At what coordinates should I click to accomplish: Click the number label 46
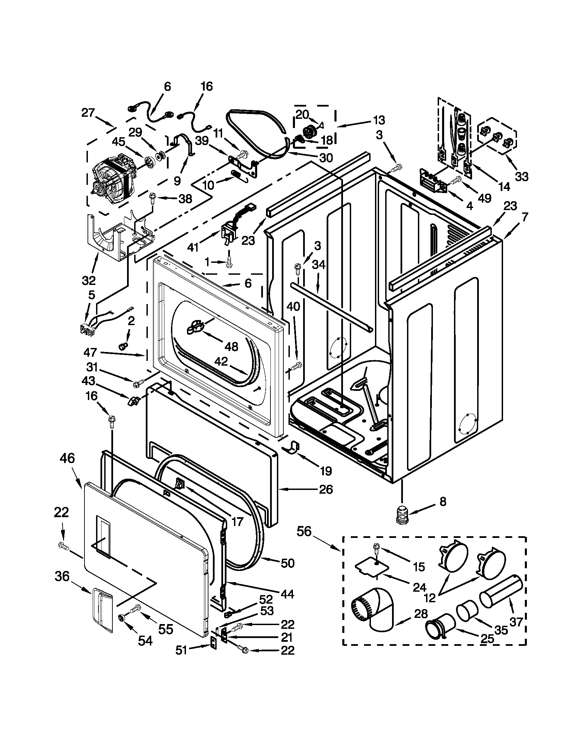pyautogui.click(x=67, y=458)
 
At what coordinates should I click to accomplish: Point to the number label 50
pyautogui.click(x=287, y=563)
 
